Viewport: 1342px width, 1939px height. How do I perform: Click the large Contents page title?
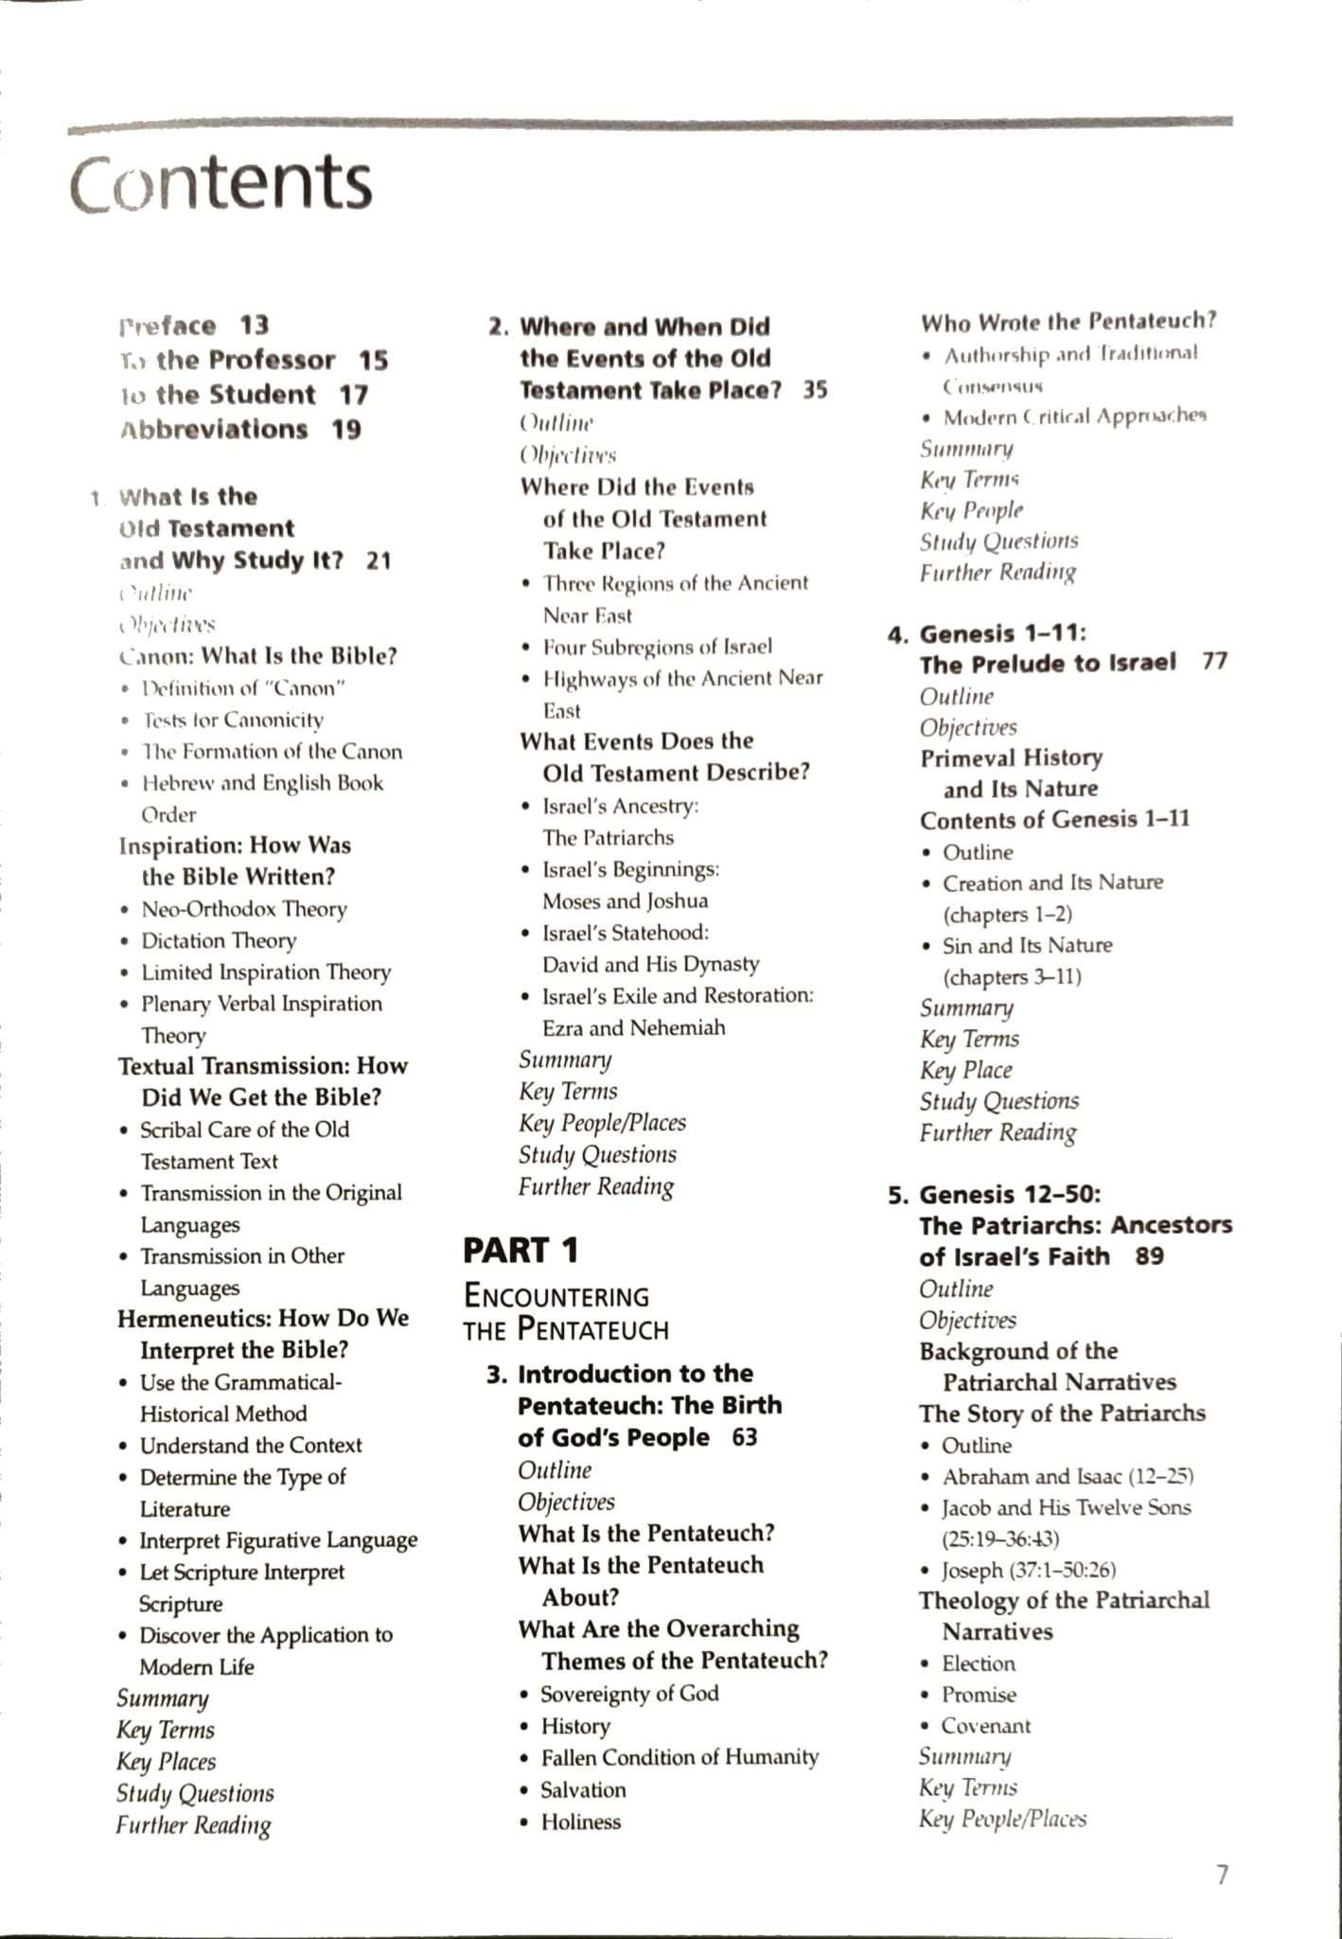pos(221,182)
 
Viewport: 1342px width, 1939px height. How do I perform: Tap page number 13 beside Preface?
pos(254,326)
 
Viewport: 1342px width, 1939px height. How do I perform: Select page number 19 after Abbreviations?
pos(346,430)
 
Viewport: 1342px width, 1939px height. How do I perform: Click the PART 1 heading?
pos(521,1251)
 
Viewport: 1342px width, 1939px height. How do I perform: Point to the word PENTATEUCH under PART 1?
pos(593,1329)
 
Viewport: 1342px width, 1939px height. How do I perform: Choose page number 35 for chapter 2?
pos(815,390)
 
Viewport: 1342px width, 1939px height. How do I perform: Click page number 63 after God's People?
pos(745,1437)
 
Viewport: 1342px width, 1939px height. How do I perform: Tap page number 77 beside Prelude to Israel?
pos(1214,662)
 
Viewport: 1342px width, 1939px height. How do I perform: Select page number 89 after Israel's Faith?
pos(1150,1256)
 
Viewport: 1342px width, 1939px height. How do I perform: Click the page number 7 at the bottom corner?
pos(1222,1875)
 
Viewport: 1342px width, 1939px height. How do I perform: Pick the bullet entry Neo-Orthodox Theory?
pos(243,909)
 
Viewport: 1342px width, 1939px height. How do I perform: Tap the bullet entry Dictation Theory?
pos(219,940)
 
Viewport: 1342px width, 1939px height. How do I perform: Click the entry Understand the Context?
pos(251,1446)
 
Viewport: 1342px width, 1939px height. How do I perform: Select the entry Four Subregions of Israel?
pos(657,647)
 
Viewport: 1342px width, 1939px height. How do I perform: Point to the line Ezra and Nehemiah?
pos(633,1027)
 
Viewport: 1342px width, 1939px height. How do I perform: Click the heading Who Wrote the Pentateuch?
pos(1068,322)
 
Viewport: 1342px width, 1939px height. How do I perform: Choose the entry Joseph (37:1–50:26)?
pos(1029,1570)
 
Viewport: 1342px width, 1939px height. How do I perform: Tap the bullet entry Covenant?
pos(985,1726)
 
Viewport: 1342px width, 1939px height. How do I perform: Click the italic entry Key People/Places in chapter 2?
pos(602,1123)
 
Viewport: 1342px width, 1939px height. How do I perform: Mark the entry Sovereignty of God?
pos(629,1693)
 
